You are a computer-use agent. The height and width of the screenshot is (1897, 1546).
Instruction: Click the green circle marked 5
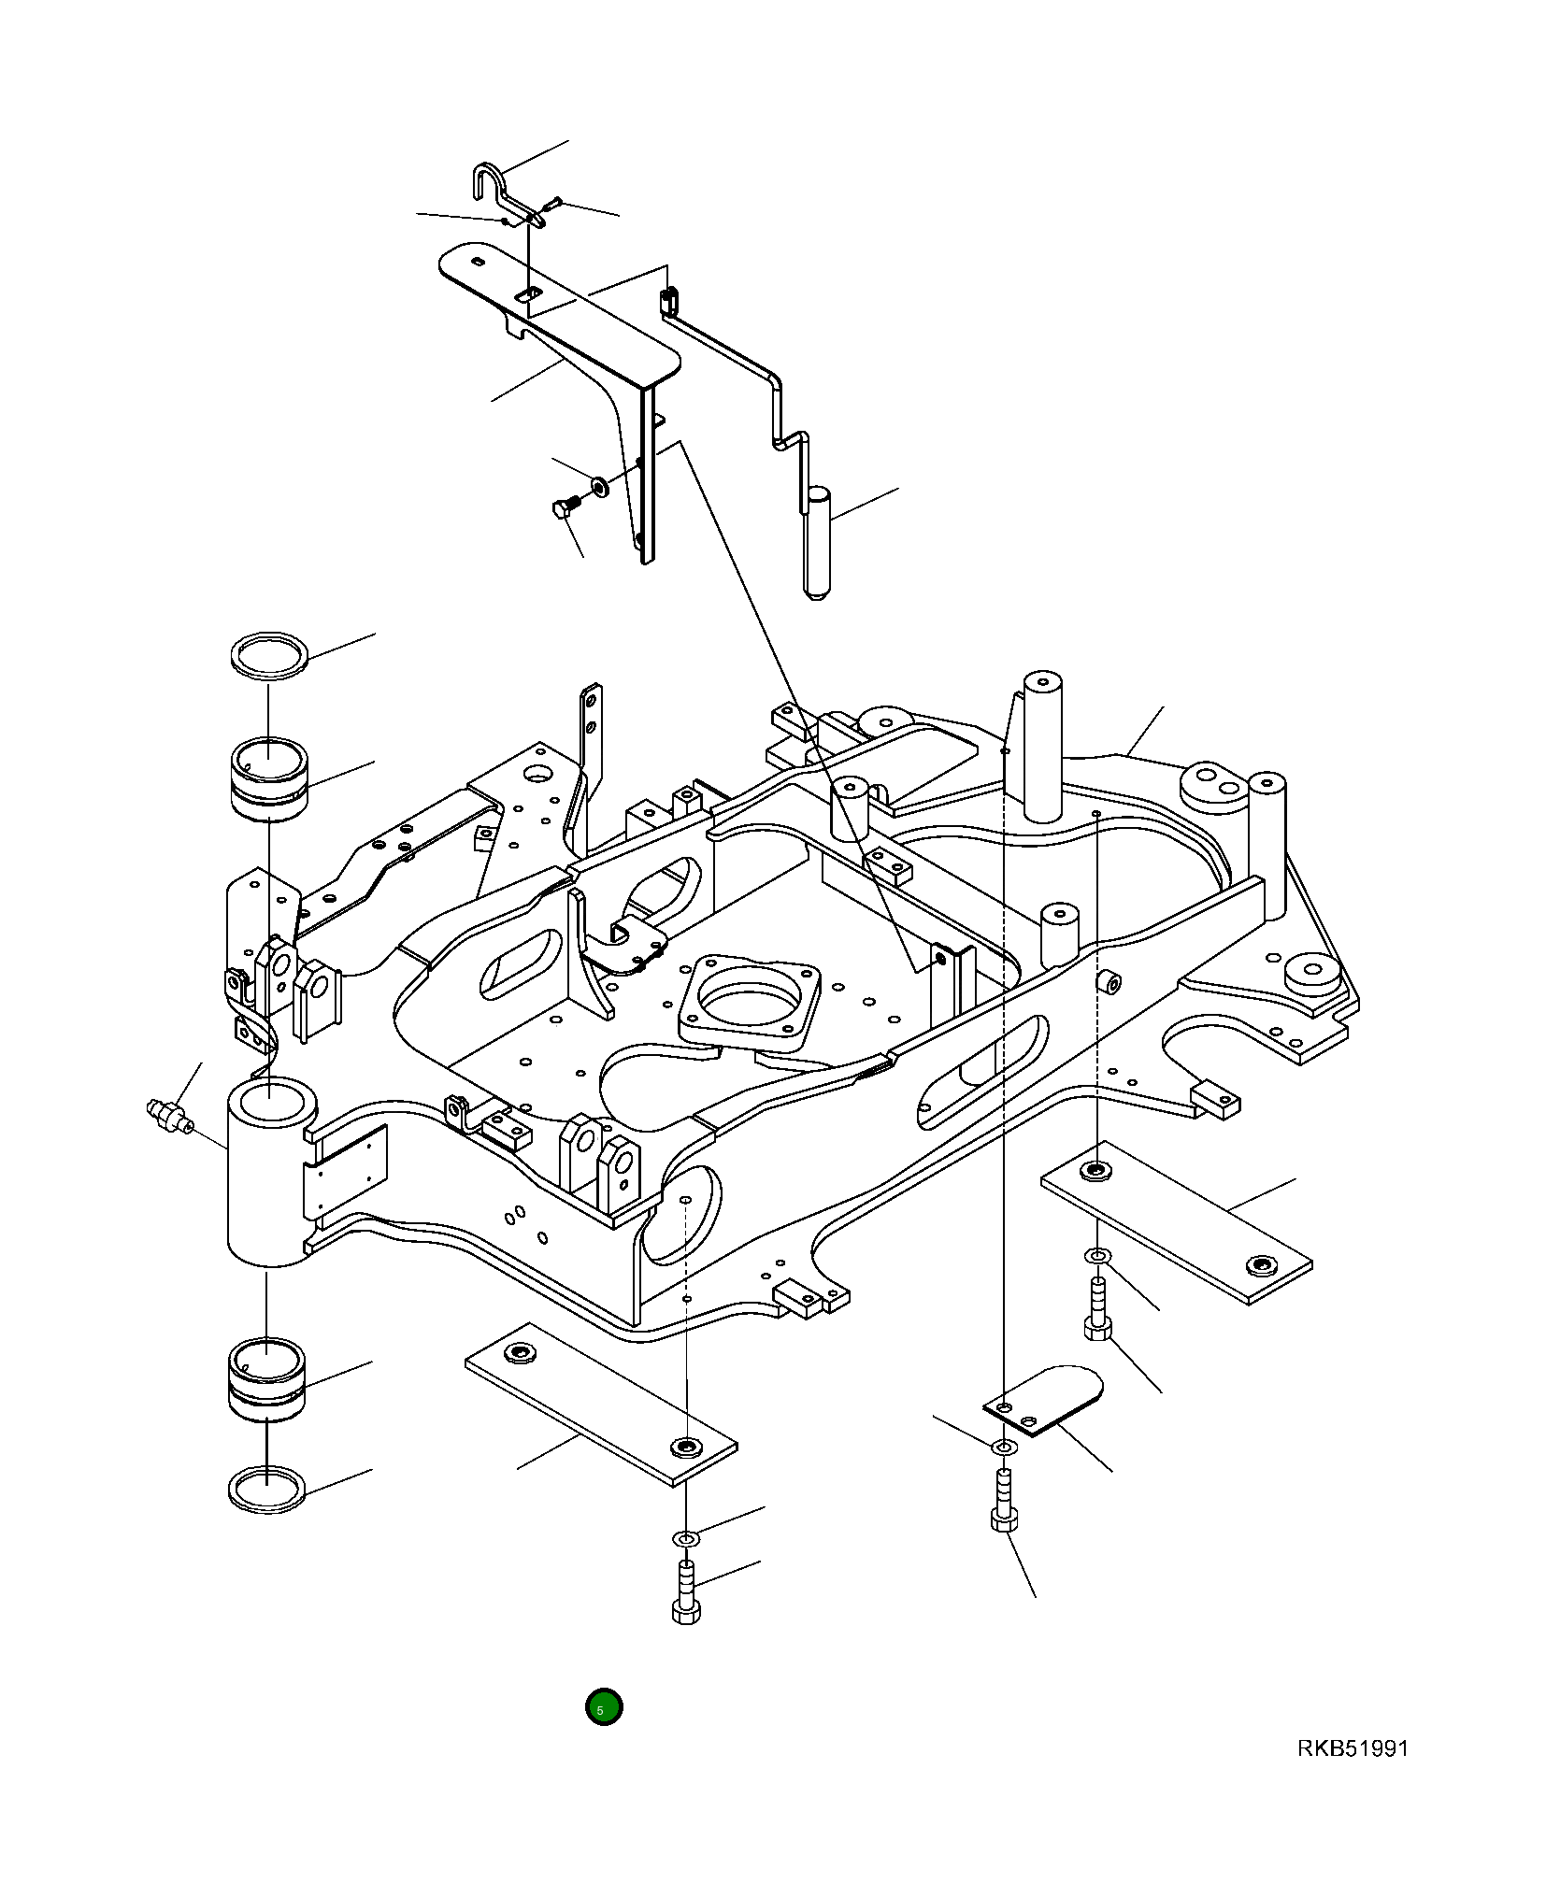tap(603, 1707)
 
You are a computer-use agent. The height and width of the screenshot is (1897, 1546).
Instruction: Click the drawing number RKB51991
tap(1351, 1748)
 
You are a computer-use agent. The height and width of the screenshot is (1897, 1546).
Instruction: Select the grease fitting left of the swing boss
tap(168, 1115)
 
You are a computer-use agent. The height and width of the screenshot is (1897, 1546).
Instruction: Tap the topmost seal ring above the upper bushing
tap(269, 649)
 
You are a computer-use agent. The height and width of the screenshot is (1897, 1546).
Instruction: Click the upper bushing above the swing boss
tap(269, 778)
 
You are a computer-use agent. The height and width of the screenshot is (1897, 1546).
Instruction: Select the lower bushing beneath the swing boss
tap(267, 1380)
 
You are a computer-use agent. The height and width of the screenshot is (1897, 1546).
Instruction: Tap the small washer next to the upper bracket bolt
tap(597, 486)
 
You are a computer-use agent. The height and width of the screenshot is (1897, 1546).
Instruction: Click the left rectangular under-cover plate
tap(600, 1402)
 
